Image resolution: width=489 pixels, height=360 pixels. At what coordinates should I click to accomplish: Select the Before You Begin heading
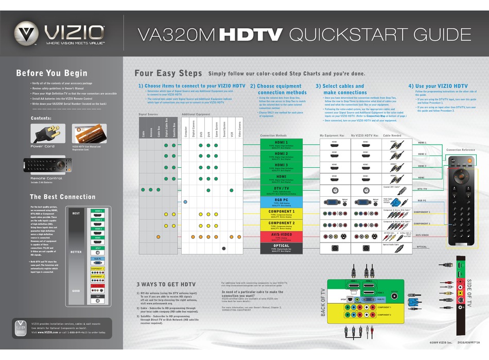pyautogui.click(x=51, y=73)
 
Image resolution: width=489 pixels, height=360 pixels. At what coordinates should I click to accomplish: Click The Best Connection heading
pyautogui.click(x=62, y=197)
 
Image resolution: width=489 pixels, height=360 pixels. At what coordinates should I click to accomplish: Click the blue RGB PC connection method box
pyautogui.click(x=281, y=201)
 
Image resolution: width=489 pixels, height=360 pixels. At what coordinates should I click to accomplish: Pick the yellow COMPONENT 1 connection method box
pyautogui.click(x=281, y=213)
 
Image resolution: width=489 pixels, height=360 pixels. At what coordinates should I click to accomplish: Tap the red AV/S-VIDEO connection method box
pyautogui.click(x=281, y=237)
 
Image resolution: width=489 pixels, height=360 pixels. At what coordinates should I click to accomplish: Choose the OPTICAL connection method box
pyautogui.click(x=281, y=248)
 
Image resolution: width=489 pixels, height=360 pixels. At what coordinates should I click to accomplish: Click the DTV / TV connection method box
pyautogui.click(x=281, y=190)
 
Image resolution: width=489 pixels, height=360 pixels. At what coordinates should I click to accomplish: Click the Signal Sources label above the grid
pyautogui.click(x=149, y=114)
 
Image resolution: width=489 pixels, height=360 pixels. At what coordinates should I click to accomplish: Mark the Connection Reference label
pyautogui.click(x=461, y=150)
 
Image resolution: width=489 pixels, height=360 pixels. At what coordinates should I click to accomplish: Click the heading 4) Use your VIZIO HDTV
pyautogui.click(x=438, y=86)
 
